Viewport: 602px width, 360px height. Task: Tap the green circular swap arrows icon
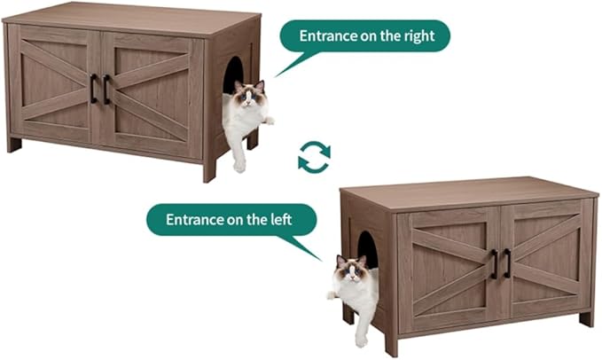(x=314, y=157)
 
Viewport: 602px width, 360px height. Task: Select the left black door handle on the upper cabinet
(x=93, y=88)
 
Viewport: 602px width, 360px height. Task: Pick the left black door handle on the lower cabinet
(x=495, y=263)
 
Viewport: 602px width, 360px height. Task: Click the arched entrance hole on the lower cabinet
(x=367, y=250)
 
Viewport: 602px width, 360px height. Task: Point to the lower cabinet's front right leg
(x=586, y=317)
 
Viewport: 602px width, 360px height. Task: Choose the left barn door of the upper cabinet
(x=53, y=85)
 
